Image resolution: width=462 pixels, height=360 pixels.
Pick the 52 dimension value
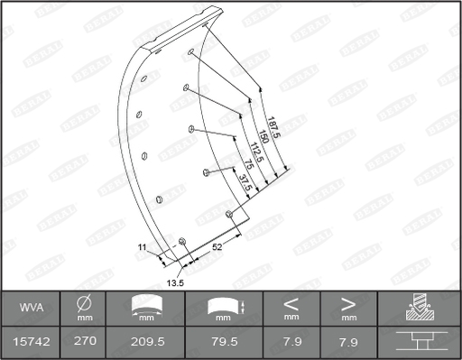217,245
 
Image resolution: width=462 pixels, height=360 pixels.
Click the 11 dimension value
142,246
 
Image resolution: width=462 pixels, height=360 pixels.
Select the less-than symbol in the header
291,303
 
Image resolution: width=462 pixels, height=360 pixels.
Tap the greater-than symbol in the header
348,303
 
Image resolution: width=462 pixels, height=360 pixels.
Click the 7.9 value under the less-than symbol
291,342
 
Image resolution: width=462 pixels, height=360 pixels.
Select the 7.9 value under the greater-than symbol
348,342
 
